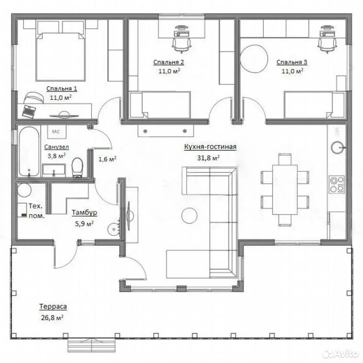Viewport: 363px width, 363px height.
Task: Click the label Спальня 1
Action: pyautogui.click(x=62, y=88)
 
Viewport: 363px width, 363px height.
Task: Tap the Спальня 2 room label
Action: pyautogui.click(x=169, y=62)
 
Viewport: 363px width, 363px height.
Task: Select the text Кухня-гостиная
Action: pyautogui.click(x=210, y=147)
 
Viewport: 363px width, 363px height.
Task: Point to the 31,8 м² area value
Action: pyautogui.click(x=209, y=158)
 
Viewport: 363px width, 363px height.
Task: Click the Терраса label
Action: pyautogui.click(x=53, y=307)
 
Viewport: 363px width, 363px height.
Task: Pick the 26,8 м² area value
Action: pyautogui.click(x=52, y=317)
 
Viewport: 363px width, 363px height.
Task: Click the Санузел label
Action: pyautogui.click(x=56, y=147)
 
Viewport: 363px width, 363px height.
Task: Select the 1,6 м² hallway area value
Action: pyautogui.click(x=107, y=159)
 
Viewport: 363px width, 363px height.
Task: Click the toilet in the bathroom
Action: pyautogui.click(x=77, y=167)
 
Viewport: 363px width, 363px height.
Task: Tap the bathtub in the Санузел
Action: pyautogui.click(x=29, y=151)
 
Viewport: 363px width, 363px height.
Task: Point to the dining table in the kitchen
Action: pyautogui.click(x=285, y=189)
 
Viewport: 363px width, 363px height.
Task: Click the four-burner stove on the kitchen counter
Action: pyautogui.click(x=337, y=185)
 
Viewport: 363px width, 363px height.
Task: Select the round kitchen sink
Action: pyautogui.click(x=338, y=147)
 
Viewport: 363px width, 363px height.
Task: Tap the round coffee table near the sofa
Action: pyautogui.click(x=189, y=216)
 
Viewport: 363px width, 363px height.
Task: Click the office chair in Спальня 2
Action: pyautogui.click(x=182, y=44)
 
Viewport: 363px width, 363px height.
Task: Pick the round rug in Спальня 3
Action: pyautogui.click(x=254, y=59)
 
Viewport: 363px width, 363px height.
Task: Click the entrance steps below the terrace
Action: pyautogui.click(x=92, y=345)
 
